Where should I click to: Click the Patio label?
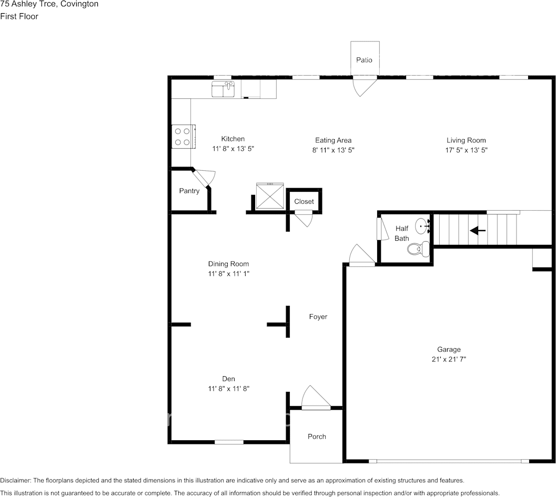(364, 60)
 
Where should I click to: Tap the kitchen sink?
(223, 89)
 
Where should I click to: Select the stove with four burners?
(183, 137)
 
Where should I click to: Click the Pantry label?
(189, 191)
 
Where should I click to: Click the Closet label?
(304, 202)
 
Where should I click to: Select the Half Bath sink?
(423, 226)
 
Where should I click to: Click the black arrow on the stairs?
(478, 230)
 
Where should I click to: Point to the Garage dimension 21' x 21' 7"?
(449, 359)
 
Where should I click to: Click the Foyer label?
(318, 317)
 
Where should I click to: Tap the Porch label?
(317, 437)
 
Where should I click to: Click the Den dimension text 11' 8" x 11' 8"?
(228, 389)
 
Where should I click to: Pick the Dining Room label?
(228, 264)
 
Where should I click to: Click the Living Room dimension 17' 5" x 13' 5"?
(466, 150)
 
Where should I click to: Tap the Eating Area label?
(333, 140)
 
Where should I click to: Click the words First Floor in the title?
(19, 16)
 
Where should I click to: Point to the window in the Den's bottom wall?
(229, 442)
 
